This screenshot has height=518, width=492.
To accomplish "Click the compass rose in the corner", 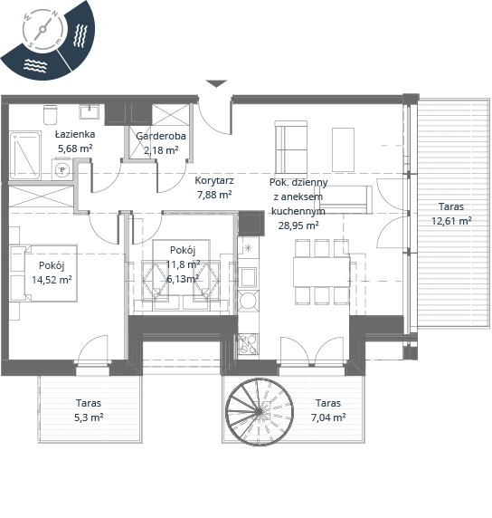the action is click(x=43, y=30).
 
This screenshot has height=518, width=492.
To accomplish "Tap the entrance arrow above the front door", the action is click(x=216, y=83).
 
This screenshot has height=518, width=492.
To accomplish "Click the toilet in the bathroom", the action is click(x=50, y=115).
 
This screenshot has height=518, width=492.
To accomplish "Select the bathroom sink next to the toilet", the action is click(x=90, y=112).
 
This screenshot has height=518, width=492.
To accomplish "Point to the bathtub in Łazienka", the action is click(x=25, y=155).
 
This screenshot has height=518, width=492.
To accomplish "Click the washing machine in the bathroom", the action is click(x=61, y=170).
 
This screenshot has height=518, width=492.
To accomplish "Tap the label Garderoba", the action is click(x=161, y=136).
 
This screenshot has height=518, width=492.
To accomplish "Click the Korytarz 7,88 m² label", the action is click(x=214, y=187).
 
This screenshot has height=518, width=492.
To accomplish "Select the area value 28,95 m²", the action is click(x=298, y=225).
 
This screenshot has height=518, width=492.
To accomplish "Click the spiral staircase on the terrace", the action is click(x=260, y=411).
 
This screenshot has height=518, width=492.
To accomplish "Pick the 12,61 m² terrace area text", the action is click(x=451, y=221).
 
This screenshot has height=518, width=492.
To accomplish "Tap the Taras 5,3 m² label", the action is click(x=89, y=410).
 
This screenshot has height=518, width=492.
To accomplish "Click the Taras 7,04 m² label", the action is click(x=328, y=410).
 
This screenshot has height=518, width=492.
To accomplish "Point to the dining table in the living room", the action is click(x=321, y=272).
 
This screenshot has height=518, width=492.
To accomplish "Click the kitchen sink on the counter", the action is click(x=248, y=277).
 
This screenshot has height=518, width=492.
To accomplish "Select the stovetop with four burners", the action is click(x=248, y=343).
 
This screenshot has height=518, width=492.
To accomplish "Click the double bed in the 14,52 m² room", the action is click(x=43, y=273).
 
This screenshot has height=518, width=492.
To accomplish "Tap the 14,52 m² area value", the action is click(x=52, y=280).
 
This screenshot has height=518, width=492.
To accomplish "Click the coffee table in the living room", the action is click(x=343, y=149).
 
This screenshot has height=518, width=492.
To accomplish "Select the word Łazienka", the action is click(x=75, y=134).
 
